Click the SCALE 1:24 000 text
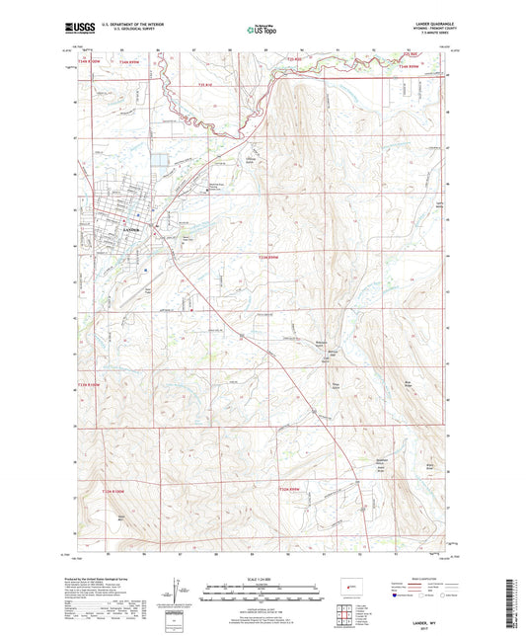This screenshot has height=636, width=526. tap(263, 577)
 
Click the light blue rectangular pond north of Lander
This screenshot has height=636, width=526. tap(157, 157)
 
